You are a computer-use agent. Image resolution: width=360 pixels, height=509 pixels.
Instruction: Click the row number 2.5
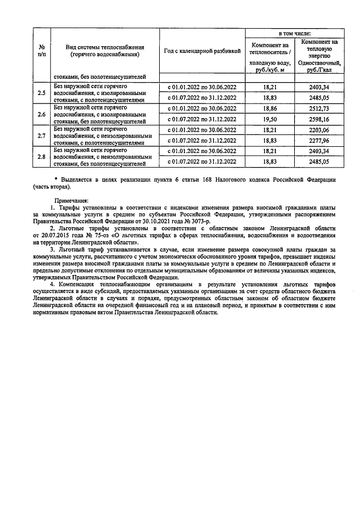pos(41,92)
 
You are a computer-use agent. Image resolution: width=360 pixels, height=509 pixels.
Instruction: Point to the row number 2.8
pos(41,157)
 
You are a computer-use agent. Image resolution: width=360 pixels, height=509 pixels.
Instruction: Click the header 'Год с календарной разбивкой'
pos(202,51)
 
